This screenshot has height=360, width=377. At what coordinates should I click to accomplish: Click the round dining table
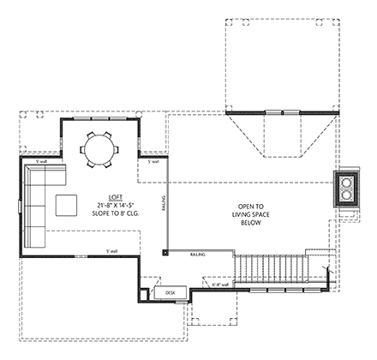100,149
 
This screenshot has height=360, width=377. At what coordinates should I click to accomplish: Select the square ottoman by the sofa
67,205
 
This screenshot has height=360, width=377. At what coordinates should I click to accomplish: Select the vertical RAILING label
163,207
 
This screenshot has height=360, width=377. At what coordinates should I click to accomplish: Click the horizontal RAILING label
197,255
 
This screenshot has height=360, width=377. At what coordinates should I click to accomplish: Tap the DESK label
170,293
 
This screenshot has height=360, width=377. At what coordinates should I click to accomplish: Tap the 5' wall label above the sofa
40,162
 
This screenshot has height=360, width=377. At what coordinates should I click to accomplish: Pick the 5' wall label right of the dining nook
153,161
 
